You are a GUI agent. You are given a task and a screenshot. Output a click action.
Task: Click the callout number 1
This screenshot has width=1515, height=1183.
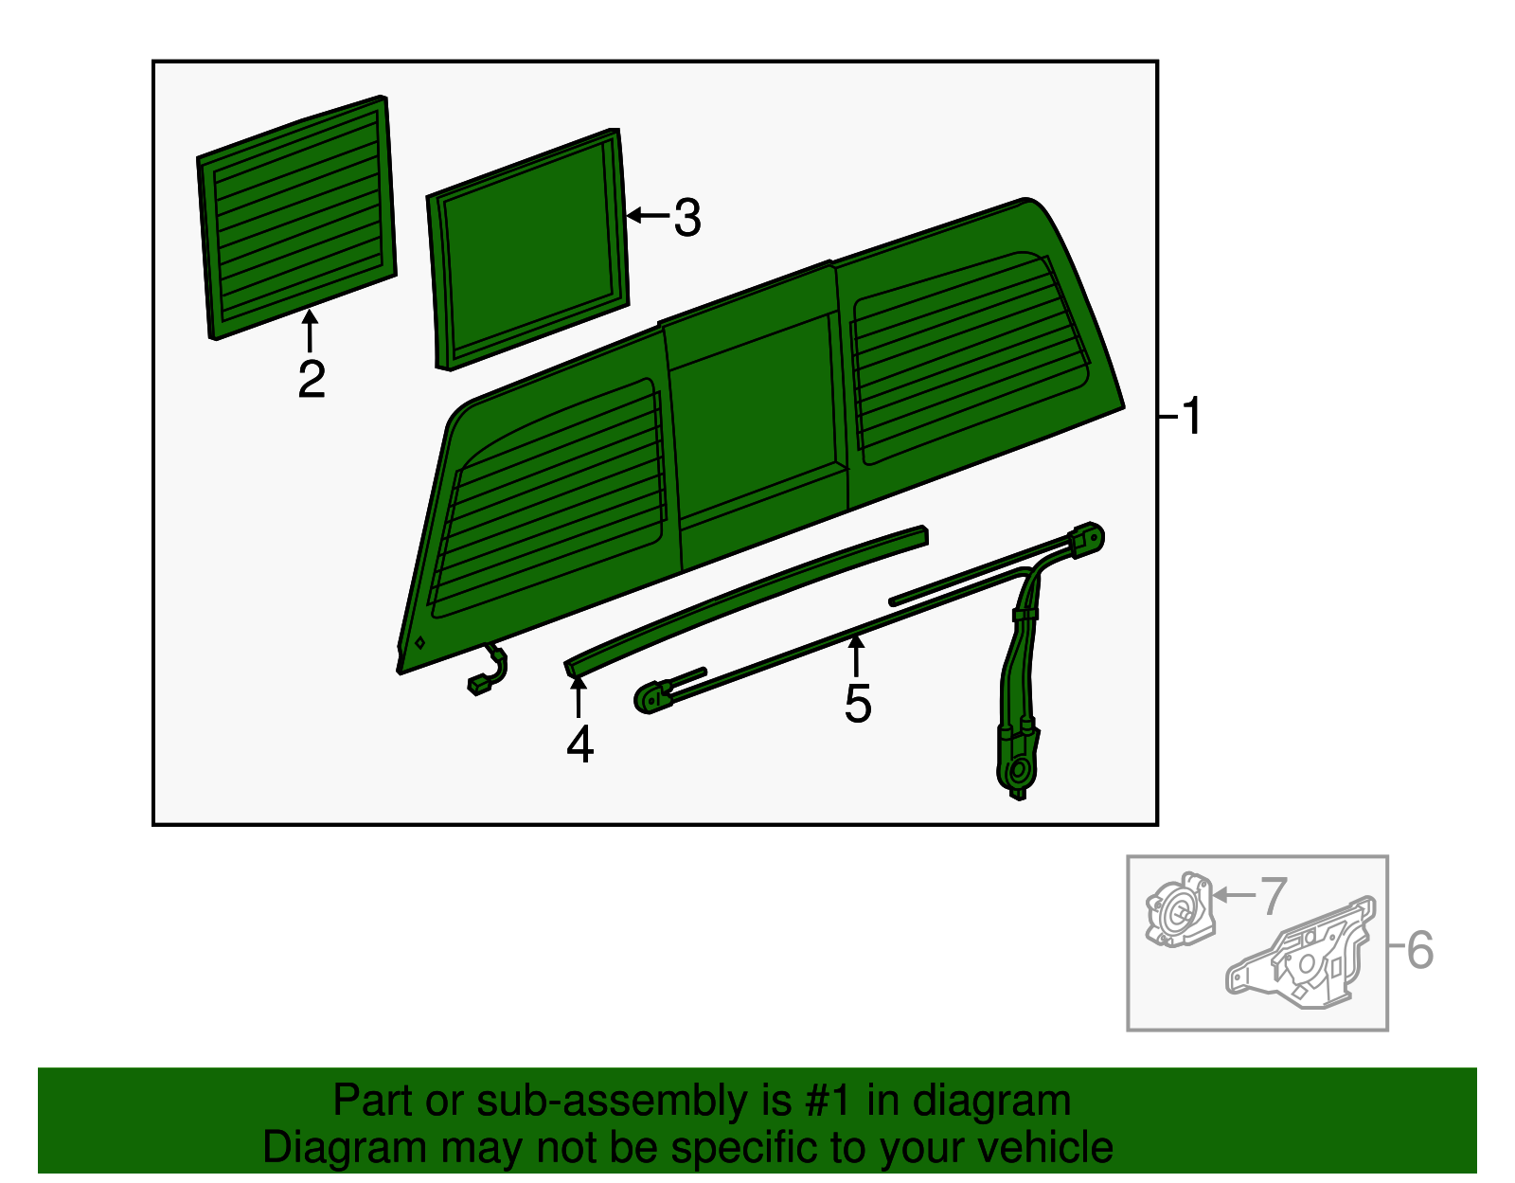[x=1192, y=416]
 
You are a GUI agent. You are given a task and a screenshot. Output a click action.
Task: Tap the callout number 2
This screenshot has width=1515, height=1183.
[x=311, y=379]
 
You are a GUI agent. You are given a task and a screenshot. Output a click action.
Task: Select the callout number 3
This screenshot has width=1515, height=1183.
[x=687, y=218]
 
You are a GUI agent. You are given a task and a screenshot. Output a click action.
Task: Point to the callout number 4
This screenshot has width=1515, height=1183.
[x=580, y=744]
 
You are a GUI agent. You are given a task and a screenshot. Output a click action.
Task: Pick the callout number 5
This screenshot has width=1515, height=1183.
[x=858, y=704]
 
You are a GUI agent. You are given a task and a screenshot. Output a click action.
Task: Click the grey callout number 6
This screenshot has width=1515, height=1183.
[x=1420, y=949]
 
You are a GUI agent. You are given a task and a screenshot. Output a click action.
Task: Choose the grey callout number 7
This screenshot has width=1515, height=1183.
[x=1274, y=897]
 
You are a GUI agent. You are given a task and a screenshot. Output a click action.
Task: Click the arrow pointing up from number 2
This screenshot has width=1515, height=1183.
[x=310, y=331]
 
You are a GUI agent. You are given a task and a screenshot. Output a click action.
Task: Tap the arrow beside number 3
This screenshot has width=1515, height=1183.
[x=649, y=215]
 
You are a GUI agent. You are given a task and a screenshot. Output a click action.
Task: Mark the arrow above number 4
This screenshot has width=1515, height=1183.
[x=578, y=696]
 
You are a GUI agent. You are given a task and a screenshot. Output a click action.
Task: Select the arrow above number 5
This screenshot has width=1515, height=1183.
[x=855, y=656]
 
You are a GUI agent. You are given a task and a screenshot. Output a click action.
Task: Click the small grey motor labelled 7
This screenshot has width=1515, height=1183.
[x=1181, y=909]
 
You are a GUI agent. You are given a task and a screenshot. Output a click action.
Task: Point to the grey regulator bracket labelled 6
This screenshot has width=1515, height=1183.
[x=1301, y=952]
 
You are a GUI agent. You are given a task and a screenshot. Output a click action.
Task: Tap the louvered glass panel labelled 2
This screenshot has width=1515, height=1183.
[x=297, y=218]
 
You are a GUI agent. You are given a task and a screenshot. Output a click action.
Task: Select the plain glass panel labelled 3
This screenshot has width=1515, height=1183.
[x=527, y=249]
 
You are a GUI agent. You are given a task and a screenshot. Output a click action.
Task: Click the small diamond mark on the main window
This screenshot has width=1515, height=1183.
[x=419, y=643]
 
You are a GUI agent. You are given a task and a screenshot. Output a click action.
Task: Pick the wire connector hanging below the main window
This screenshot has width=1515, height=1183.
[x=488, y=669]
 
